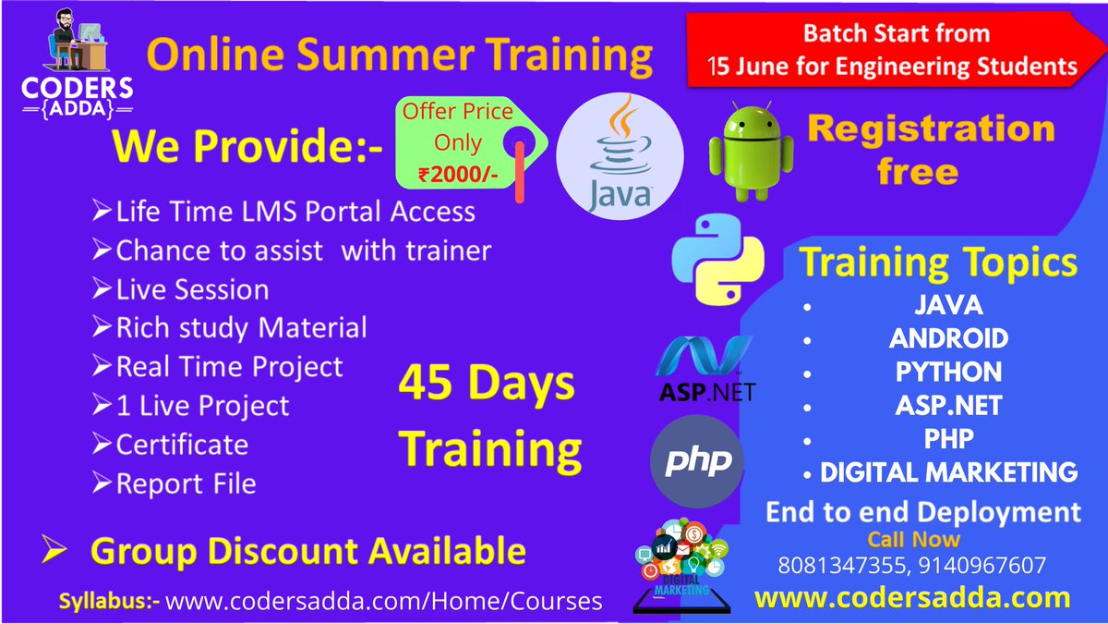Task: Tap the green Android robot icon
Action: click(738, 153)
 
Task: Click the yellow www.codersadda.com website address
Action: click(912, 598)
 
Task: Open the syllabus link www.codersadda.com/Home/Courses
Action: click(383, 601)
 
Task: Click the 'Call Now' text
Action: click(913, 539)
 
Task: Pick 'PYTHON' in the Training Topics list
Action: click(948, 372)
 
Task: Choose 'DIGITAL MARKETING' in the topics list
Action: click(948, 472)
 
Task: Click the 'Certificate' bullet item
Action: click(181, 445)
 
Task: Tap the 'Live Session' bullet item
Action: click(192, 289)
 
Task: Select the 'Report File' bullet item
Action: click(186, 483)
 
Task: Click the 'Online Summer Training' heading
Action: click(400, 55)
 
